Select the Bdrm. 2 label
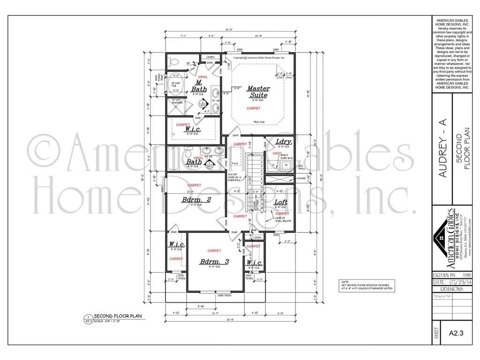(x=196, y=200)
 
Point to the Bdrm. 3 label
(x=214, y=262)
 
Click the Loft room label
(x=282, y=202)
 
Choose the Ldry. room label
(x=284, y=141)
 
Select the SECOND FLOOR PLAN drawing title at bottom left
(x=115, y=316)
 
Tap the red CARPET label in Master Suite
(x=254, y=108)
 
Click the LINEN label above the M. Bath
(x=210, y=57)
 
